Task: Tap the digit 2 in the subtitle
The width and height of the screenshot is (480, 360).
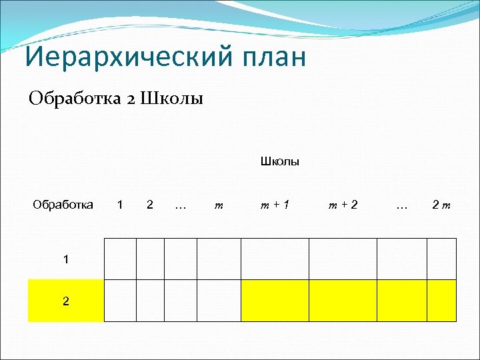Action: (131, 99)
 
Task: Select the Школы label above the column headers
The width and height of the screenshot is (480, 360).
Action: (279, 161)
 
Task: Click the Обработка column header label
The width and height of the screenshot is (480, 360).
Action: (63, 205)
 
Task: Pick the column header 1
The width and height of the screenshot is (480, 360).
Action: (119, 205)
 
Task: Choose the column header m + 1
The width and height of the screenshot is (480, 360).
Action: (274, 205)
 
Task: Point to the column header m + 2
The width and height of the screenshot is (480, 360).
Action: (343, 205)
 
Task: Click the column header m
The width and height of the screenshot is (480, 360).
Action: (218, 205)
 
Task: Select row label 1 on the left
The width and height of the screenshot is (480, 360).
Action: (65, 259)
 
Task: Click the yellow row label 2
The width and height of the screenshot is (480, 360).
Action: (65, 301)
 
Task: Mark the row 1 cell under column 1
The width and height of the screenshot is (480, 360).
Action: (120, 259)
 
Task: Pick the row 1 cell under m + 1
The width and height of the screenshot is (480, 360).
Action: (275, 259)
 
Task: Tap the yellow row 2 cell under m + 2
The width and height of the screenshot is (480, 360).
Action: (343, 301)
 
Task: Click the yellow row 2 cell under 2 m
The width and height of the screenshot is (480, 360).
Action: (441, 301)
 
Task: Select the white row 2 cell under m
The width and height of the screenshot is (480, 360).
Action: (219, 301)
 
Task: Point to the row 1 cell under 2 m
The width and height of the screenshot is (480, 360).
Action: (441, 259)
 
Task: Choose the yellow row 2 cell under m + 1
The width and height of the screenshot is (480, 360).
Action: (275, 301)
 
